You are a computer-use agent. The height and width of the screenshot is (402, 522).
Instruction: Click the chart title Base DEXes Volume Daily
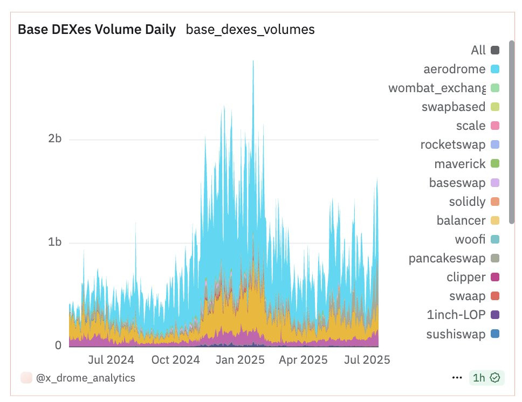[97, 30]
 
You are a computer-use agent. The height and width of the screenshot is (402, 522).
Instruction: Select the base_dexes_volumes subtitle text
[250, 30]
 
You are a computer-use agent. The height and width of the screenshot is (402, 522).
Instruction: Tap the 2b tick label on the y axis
[55, 139]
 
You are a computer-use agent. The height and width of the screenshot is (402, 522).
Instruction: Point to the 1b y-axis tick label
[55, 242]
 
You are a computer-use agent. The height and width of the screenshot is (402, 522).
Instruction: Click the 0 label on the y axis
[58, 345]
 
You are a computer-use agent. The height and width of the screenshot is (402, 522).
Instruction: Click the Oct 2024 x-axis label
[175, 359]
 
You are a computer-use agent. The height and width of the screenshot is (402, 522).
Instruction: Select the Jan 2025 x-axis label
[239, 359]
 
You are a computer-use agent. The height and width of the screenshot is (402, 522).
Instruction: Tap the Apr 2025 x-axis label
[303, 359]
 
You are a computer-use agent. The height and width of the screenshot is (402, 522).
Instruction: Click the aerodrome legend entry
[455, 69]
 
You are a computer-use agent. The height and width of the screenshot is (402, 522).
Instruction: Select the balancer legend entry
[461, 220]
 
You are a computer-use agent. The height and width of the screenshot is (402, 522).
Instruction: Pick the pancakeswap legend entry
[447, 258]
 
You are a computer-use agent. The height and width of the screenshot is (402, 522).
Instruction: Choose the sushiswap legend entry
[456, 334]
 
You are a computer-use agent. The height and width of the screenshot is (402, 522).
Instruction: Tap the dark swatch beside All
[495, 51]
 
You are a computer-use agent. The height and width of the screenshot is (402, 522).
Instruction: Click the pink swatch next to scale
[495, 126]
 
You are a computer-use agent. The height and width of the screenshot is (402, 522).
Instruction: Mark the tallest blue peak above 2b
[253, 62]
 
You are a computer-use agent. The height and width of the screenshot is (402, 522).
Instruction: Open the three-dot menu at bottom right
[457, 378]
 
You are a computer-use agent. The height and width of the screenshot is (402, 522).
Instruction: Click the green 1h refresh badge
[486, 378]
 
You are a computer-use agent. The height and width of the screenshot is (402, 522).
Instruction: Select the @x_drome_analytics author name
[85, 378]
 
